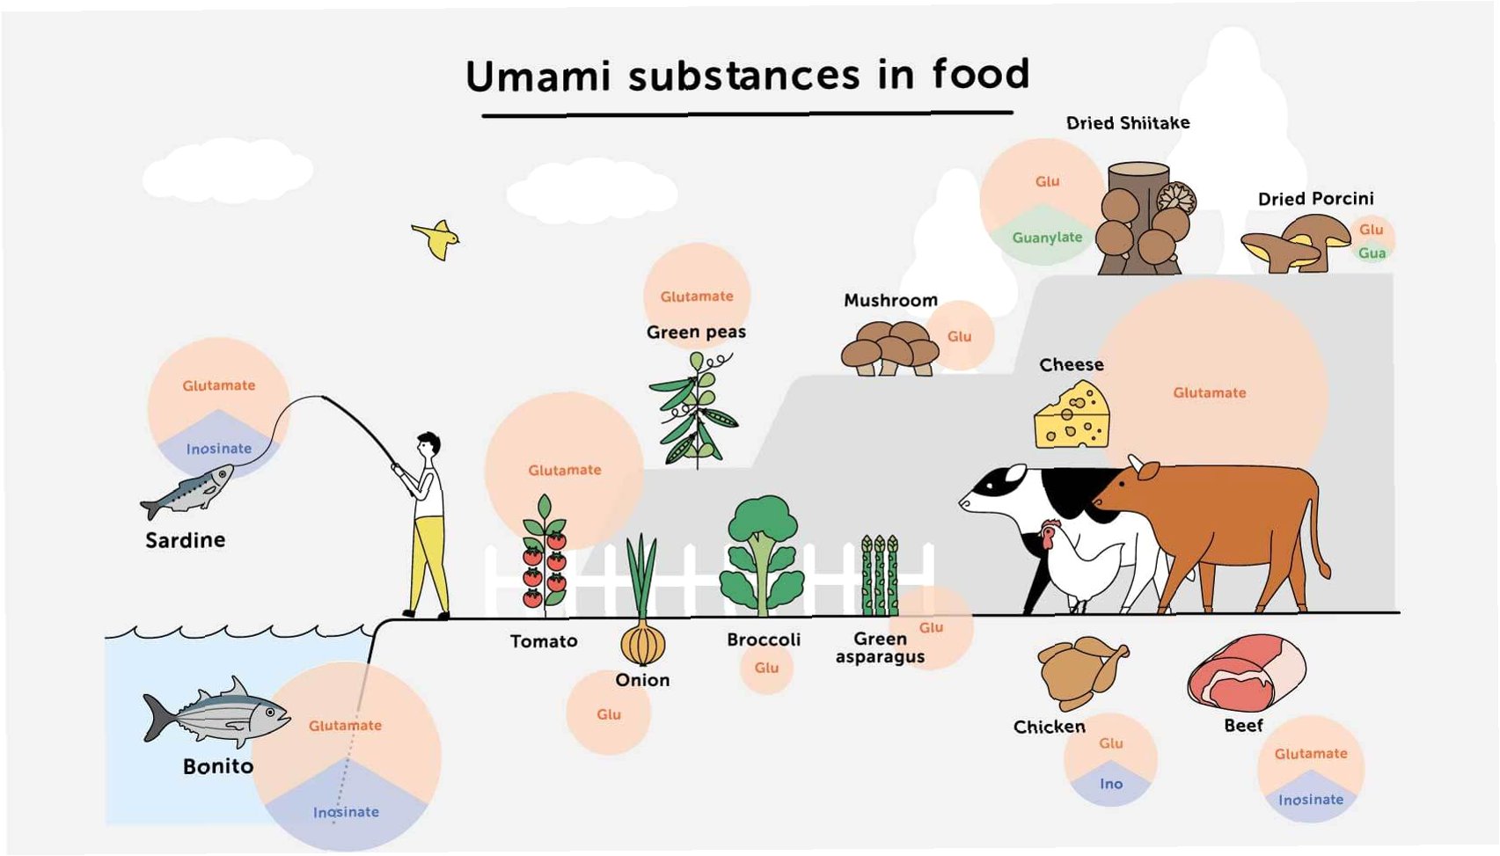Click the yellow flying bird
pos(436,238)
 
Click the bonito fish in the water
pos(216,713)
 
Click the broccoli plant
pos(762,554)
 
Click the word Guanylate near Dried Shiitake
pos(1047,238)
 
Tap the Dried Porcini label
pos(1315,199)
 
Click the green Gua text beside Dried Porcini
pos(1372,253)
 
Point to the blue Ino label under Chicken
pos(1111,784)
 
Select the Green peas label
pos(696,333)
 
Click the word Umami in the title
pos(538,77)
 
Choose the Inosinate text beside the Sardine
pos(219,449)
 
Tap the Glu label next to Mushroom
pos(959,337)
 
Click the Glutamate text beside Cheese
pos(1209,393)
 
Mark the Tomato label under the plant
pos(544,641)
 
